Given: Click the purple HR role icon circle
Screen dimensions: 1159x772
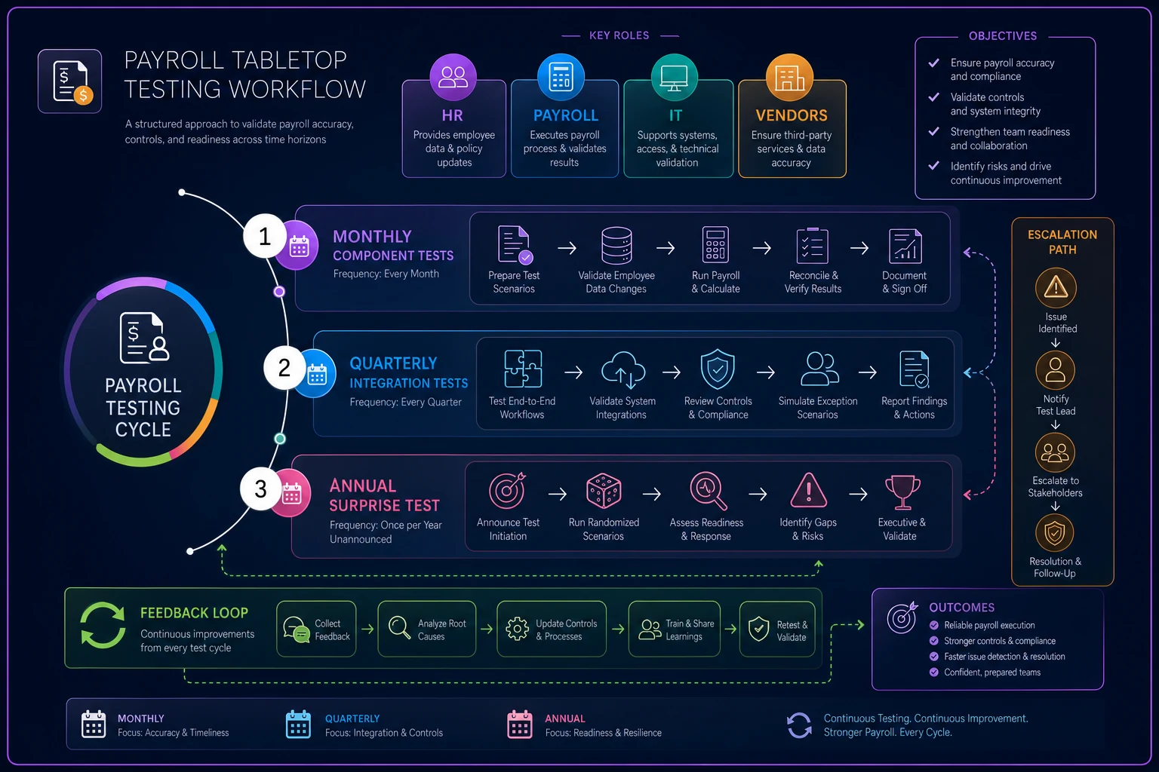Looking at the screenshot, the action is tap(453, 77).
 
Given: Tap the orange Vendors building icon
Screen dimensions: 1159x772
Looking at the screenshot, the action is tap(789, 78).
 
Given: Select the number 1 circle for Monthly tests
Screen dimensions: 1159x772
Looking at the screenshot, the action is tap(264, 236).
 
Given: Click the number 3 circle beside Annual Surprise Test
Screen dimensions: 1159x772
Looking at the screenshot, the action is tap(261, 489).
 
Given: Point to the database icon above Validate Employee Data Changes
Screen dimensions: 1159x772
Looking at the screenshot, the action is tap(616, 245).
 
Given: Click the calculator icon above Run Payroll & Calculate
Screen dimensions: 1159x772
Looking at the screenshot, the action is tap(715, 244).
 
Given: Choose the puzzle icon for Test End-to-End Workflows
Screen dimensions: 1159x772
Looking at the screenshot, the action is tap(523, 369).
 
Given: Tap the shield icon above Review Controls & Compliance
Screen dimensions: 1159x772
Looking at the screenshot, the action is tap(717, 369).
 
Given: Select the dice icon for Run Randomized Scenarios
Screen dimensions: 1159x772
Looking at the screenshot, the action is tap(604, 491).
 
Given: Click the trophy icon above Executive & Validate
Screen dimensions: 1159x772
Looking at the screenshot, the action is tap(902, 492).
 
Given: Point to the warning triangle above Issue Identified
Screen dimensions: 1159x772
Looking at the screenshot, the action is tap(1056, 287).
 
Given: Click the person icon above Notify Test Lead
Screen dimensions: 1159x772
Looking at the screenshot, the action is tap(1055, 370).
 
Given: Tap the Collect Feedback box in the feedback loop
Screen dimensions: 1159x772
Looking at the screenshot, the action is tap(316, 629).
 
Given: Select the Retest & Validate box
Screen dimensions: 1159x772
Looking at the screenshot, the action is tap(777, 630).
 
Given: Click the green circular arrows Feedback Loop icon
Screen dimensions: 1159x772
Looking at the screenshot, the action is tap(103, 625).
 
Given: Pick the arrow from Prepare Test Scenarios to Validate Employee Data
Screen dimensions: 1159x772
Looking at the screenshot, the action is tap(567, 248).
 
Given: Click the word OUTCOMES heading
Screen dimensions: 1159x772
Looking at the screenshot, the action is tap(962, 608).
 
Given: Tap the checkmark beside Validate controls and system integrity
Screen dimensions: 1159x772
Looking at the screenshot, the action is tap(934, 96).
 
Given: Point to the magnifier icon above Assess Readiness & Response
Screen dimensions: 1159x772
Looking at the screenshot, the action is tap(708, 491).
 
